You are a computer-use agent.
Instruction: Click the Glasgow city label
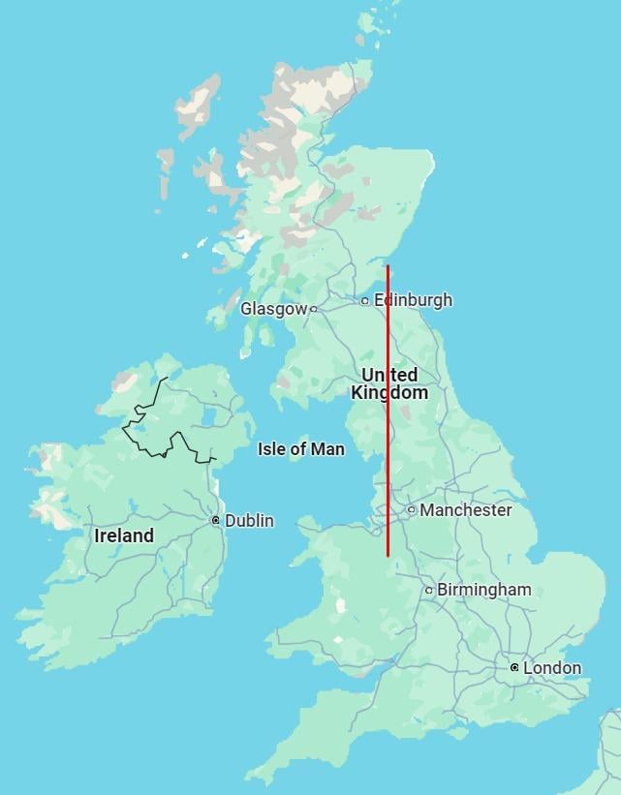[x=273, y=309]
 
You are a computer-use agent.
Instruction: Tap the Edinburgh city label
[x=412, y=300]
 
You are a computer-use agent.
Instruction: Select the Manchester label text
[x=465, y=509]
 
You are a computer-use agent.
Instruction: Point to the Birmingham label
[x=483, y=589]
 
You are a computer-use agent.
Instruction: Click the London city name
[x=552, y=667]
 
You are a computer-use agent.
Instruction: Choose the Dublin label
[x=249, y=521]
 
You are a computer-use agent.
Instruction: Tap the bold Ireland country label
[x=124, y=535]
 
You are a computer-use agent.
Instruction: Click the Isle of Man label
[x=301, y=448]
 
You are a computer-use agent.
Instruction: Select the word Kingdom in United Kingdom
[x=388, y=393]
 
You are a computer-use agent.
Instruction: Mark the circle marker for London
[x=514, y=668]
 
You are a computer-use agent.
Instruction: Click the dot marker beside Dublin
[x=216, y=521]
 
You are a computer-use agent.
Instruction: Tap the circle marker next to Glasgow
[x=314, y=309]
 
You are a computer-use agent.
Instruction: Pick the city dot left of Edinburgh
[x=365, y=301]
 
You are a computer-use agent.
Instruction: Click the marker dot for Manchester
[x=412, y=509]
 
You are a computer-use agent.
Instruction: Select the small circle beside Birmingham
[x=429, y=590]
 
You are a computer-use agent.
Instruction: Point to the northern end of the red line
[x=388, y=266]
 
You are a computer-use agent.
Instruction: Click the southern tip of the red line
[x=388, y=556]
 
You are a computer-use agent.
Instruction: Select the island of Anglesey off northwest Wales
[x=309, y=526]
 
